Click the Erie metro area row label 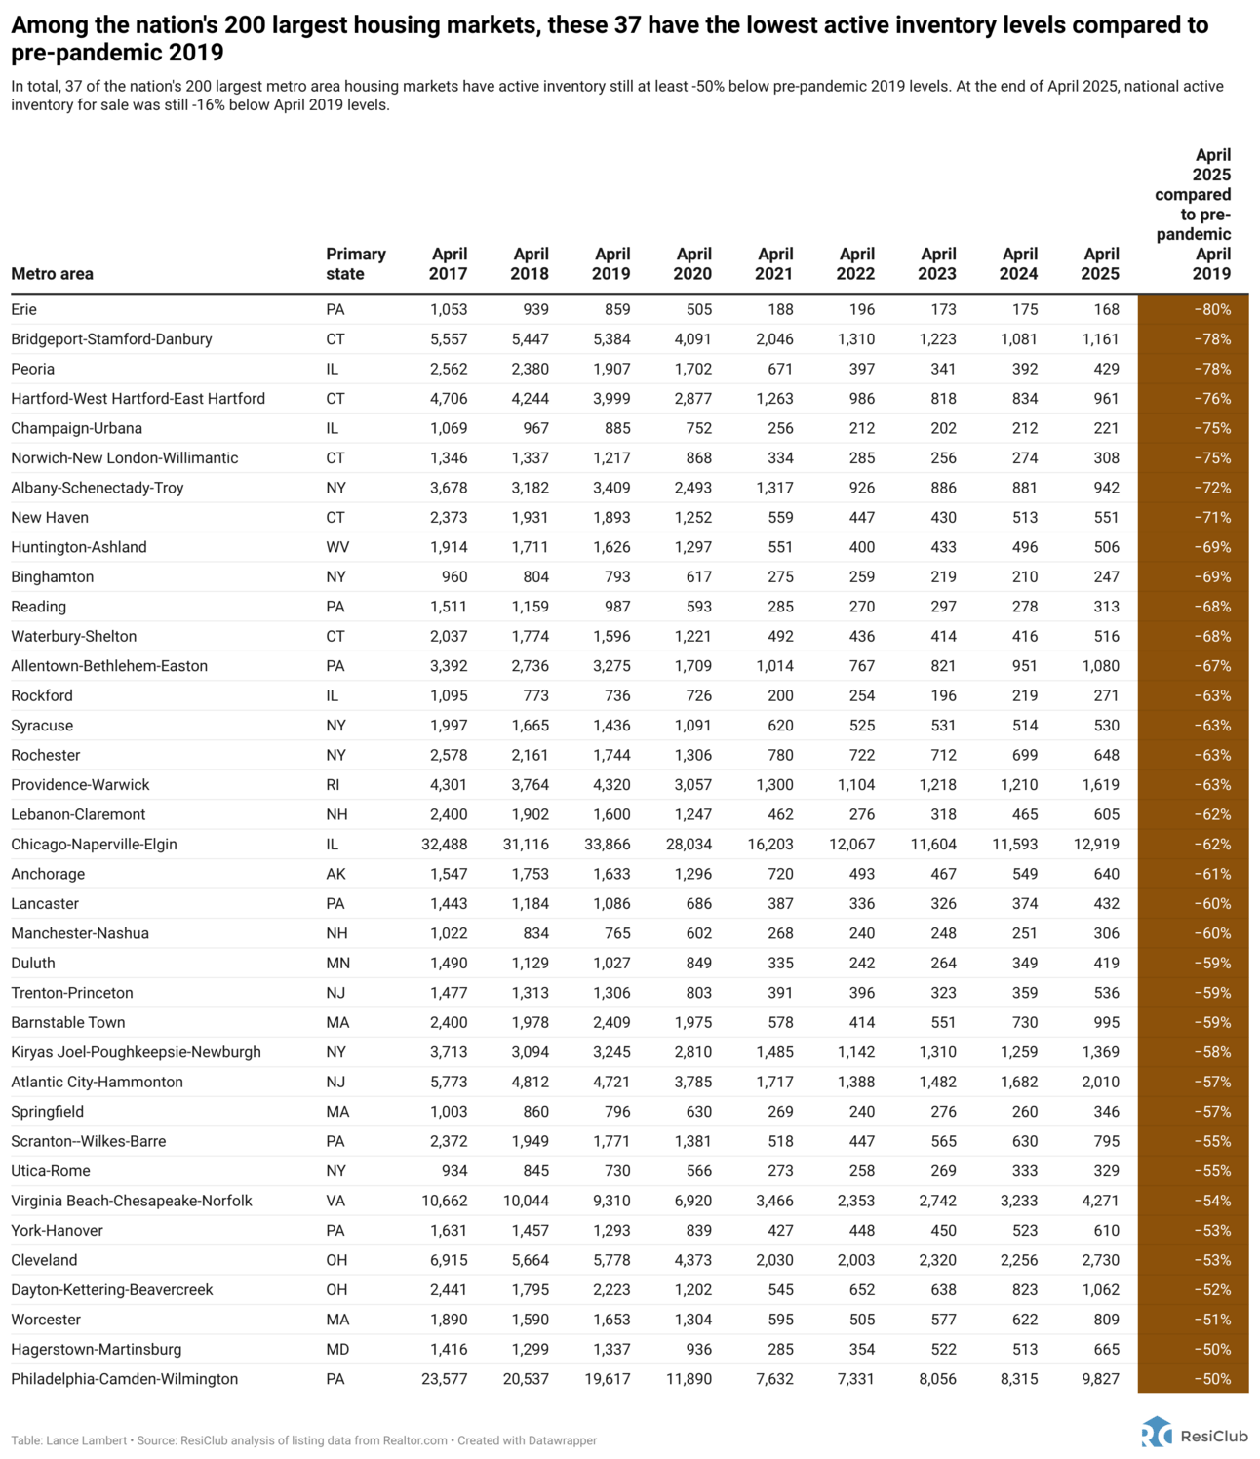[24, 310]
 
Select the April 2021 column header [774, 264]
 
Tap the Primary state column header [356, 264]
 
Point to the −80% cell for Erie [1212, 310]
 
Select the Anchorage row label [48, 874]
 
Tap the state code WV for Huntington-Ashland [337, 547]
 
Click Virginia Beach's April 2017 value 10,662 [444, 1201]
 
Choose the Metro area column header [53, 274]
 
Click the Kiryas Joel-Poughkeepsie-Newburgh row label [137, 1052]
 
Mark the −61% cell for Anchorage [1212, 874]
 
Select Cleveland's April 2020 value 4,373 [692, 1260]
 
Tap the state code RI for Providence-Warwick [334, 785]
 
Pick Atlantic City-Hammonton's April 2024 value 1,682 [1018, 1082]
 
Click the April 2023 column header [937, 264]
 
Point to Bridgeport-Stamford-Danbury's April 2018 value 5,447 [530, 339]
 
